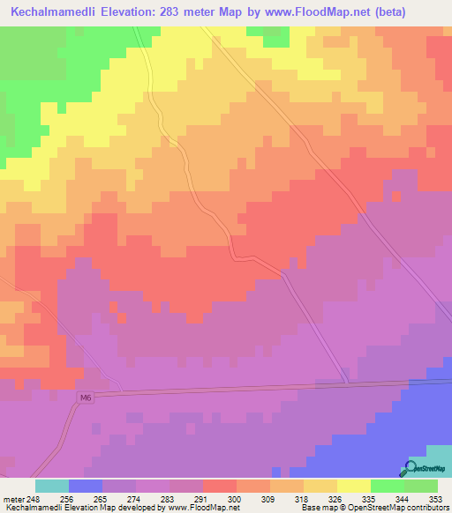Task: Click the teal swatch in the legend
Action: tap(52, 486)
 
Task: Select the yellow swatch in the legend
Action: tap(354, 486)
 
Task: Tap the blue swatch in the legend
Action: tap(86, 486)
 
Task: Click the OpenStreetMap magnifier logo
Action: tap(409, 468)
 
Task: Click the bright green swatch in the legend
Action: tap(388, 486)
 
